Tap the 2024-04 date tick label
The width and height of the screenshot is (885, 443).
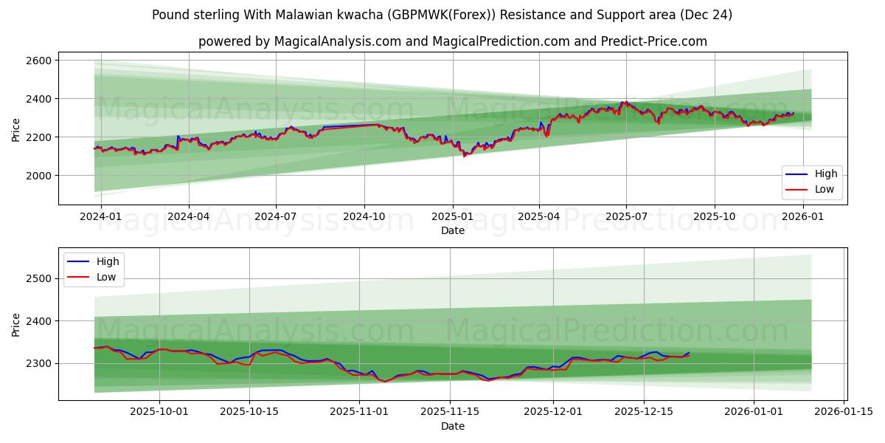tap(189, 217)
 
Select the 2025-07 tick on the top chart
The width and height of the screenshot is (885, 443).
tap(626, 217)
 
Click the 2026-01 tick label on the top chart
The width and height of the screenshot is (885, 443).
tap(802, 217)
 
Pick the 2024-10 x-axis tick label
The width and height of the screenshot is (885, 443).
tap(364, 217)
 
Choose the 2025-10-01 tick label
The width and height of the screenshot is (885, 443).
tap(160, 412)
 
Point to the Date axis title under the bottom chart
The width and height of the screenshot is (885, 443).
tap(452, 426)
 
